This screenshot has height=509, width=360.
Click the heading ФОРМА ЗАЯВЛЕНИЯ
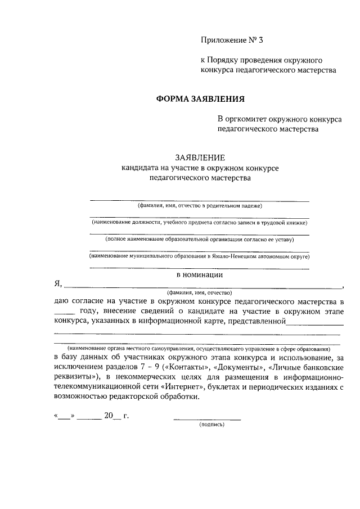[x=200, y=100]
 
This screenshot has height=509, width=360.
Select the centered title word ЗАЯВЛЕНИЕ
[x=200, y=158]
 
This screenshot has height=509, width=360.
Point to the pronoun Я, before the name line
[x=58, y=285]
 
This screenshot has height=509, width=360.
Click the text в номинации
[x=200, y=275]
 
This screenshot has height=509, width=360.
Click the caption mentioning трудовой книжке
[x=200, y=223]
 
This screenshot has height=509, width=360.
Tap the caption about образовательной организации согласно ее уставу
[x=200, y=239]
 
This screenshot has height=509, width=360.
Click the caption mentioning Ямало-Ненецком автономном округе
[x=200, y=256]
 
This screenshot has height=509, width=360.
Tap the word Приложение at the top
[x=222, y=40]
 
